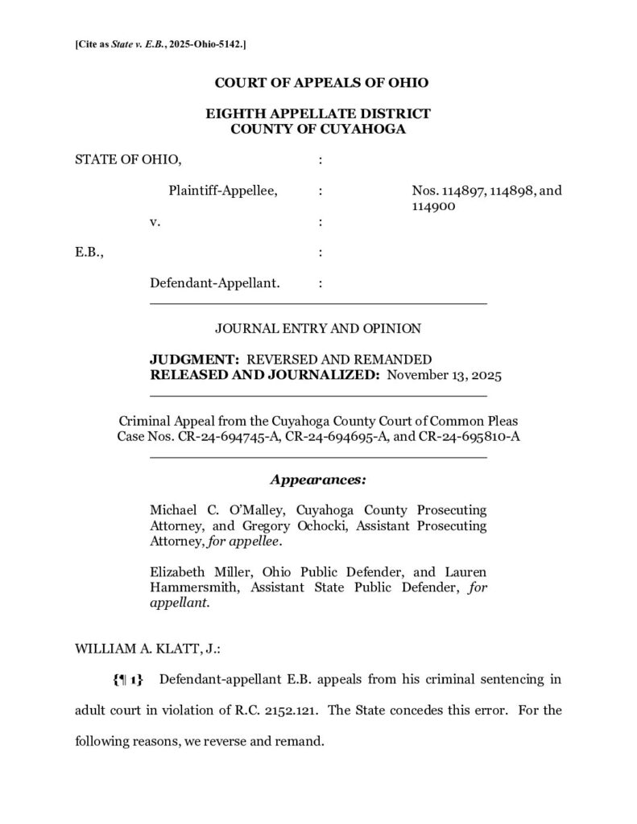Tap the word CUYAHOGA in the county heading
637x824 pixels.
pyautogui.click(x=362, y=128)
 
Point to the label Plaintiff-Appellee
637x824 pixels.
pyautogui.click(x=223, y=191)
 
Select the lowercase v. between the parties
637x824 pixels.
pyautogui.click(x=155, y=221)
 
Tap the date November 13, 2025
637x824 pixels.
pyautogui.click(x=445, y=374)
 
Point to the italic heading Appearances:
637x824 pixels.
pyautogui.click(x=318, y=480)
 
